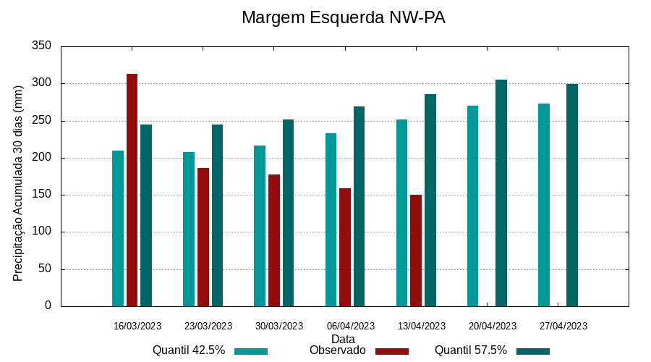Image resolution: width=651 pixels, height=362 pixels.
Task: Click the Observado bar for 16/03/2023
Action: pyautogui.click(x=132, y=190)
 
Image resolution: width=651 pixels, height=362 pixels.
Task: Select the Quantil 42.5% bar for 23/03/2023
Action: pyautogui.click(x=189, y=229)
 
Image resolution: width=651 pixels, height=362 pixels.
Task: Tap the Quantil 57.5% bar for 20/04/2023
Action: pyautogui.click(x=501, y=193)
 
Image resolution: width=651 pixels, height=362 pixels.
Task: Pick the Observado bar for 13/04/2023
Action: pyautogui.click(x=416, y=251)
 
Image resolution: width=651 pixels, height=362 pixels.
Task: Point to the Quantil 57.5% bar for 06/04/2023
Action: pyautogui.click(x=359, y=206)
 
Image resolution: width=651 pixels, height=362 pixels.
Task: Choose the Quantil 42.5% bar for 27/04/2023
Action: pyautogui.click(x=544, y=205)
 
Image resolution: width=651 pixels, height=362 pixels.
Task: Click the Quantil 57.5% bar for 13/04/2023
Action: pyautogui.click(x=430, y=200)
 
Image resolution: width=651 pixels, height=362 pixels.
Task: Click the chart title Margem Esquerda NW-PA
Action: pyautogui.click(x=343, y=17)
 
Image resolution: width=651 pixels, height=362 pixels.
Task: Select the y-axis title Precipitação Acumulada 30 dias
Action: pyautogui.click(x=19, y=182)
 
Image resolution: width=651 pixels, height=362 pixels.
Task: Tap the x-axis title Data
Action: pyautogui.click(x=343, y=339)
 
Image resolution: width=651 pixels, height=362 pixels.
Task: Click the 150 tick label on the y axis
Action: pyautogui.click(x=42, y=195)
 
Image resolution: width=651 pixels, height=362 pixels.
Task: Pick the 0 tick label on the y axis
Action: pyautogui.click(x=48, y=306)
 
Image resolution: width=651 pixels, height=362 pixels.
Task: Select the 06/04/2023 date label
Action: pyautogui.click(x=351, y=326)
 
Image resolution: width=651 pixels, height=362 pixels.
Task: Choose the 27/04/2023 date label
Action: pyautogui.click(x=563, y=326)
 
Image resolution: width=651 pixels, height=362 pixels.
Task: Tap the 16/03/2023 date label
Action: pyautogui.click(x=137, y=326)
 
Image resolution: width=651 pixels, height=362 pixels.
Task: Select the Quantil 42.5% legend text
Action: pyautogui.click(x=189, y=350)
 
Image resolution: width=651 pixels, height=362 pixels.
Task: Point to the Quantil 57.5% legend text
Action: pyautogui.click(x=471, y=350)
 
